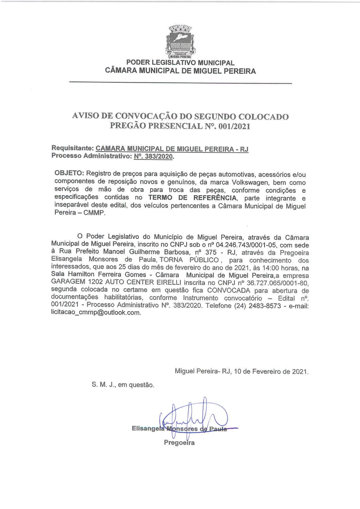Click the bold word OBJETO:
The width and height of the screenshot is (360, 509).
pyautogui.click(x=69, y=173)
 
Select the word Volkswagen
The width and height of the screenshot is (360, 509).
pyautogui.click(x=250, y=183)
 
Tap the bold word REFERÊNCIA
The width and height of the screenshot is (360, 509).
pyautogui.click(x=215, y=198)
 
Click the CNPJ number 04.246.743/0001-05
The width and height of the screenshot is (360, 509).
pyautogui.click(x=246, y=245)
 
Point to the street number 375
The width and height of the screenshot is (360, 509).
pyautogui.click(x=211, y=252)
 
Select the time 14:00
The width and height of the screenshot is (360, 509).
pyautogui.click(x=272, y=268)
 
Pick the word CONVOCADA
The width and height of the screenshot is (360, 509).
pyautogui.click(x=229, y=290)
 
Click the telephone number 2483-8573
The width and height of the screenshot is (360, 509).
pyautogui.click(x=265, y=306)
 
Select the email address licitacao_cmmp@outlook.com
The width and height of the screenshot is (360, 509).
pyautogui.click(x=96, y=313)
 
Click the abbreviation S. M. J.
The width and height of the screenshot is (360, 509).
pyautogui.click(x=104, y=385)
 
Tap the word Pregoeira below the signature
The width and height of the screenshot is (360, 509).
pyautogui.click(x=179, y=443)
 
